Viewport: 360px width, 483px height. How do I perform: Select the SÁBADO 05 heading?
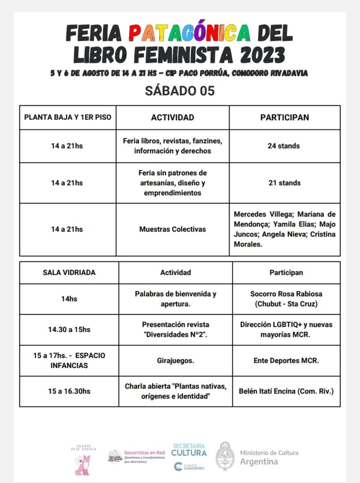180,91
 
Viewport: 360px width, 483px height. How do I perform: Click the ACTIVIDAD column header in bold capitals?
172,117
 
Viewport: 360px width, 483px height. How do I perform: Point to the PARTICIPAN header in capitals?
285,117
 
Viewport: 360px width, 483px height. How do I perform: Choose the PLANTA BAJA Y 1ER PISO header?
67,117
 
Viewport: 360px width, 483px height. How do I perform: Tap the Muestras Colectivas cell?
172,229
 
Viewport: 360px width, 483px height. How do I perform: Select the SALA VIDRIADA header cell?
69,272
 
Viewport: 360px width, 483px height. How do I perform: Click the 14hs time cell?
69,299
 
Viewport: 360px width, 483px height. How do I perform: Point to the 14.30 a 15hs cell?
69,330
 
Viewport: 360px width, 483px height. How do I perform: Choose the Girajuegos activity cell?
175,360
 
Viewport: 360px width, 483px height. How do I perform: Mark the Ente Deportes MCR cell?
286,360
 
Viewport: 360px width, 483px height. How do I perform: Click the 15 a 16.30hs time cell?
69,391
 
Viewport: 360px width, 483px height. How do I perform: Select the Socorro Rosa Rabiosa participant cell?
286,299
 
